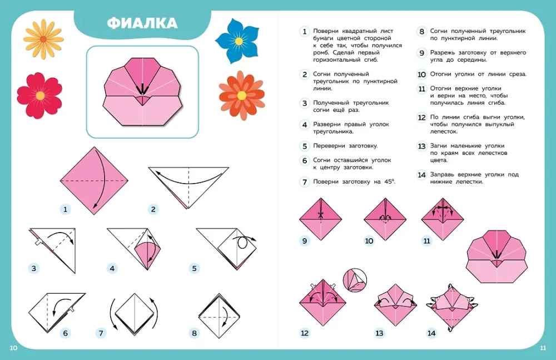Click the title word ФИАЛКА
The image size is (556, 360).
[x=142, y=23]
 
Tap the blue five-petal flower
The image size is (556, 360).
[x=239, y=41]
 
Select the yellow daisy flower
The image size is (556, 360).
[x=43, y=39]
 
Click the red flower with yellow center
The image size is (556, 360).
[x=39, y=96]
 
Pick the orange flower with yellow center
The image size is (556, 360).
[x=241, y=95]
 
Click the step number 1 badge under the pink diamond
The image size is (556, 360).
[x=65, y=209]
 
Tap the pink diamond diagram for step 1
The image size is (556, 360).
[x=94, y=181]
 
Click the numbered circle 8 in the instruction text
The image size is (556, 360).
[x=421, y=32]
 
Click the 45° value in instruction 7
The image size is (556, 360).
[x=389, y=181]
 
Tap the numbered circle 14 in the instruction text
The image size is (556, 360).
[x=421, y=175]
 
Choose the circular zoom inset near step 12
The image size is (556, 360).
[x=355, y=280]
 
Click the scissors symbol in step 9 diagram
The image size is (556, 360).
[x=321, y=214]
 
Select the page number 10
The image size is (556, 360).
[x=13, y=348]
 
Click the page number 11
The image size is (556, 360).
[x=543, y=348]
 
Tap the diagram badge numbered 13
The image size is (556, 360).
[x=379, y=333]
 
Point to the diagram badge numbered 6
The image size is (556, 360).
[x=65, y=333]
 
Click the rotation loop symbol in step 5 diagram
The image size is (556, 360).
[x=243, y=243]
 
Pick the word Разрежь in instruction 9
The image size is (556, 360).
[x=443, y=53]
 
